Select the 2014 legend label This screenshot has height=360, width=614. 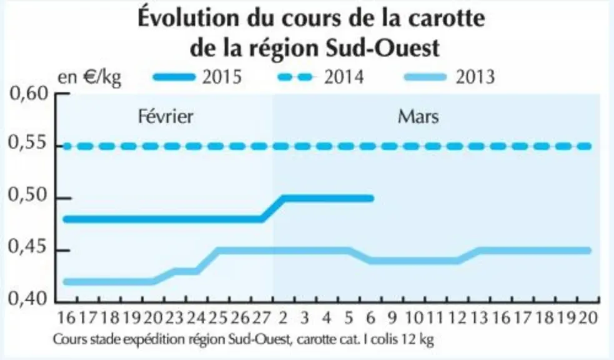[344, 77]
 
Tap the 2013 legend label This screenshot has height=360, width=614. [475, 77]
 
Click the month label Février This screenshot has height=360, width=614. [166, 117]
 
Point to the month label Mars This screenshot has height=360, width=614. [418, 117]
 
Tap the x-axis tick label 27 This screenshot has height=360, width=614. [262, 317]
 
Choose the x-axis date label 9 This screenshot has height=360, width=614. [392, 317]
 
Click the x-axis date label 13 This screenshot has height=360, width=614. [479, 317]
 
